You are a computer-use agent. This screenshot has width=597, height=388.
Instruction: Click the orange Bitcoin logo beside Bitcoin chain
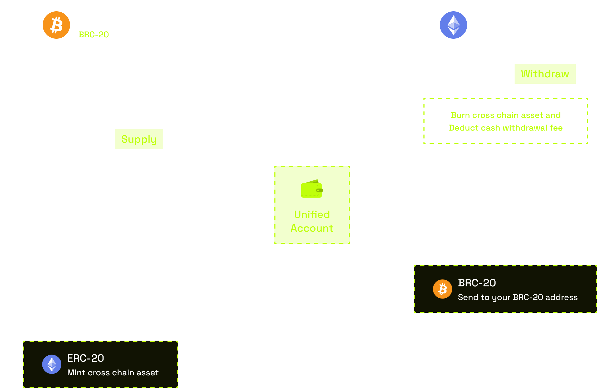pos(56,25)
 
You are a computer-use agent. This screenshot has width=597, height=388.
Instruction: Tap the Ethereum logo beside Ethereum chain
pos(453,25)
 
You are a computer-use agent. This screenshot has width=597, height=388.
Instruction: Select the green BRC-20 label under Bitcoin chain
pos(93,34)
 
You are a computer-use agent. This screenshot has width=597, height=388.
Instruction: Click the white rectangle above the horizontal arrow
pos(240,185)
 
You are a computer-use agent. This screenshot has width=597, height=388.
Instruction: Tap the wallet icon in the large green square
pos(312,188)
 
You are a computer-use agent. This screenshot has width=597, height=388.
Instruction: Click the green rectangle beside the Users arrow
pos(139,139)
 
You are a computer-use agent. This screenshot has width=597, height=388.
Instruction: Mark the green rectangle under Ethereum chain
pos(545,74)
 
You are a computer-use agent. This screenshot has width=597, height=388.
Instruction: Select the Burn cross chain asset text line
pos(506,115)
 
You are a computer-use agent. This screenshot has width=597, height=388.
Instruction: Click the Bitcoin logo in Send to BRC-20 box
pos(442,289)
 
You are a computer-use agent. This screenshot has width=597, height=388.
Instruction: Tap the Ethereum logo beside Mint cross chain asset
pos(52,364)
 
